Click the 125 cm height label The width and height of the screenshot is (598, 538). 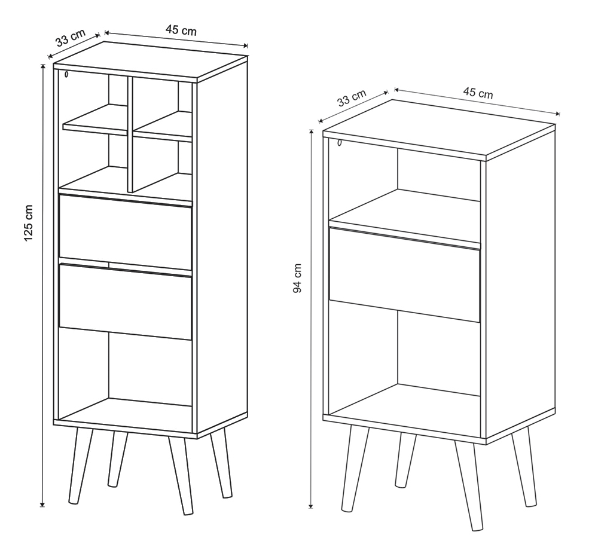coord(29,223)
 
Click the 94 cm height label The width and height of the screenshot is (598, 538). coord(297,279)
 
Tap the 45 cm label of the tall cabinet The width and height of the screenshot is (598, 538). coord(181,30)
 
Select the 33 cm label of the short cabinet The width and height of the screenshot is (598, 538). coord(352,97)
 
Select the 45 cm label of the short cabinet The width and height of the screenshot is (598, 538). coord(478,93)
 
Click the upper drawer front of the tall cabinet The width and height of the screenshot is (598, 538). coord(126,232)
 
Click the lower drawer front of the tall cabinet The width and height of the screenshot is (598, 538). coord(126,301)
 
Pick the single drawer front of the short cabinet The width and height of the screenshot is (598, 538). coord(404,275)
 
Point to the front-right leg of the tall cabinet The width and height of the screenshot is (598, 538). coord(181,475)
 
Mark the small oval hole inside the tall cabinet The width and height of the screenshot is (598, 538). coord(66,74)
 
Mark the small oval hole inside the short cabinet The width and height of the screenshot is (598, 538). coord(340,143)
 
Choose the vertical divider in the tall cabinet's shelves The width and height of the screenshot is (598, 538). coord(130,134)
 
